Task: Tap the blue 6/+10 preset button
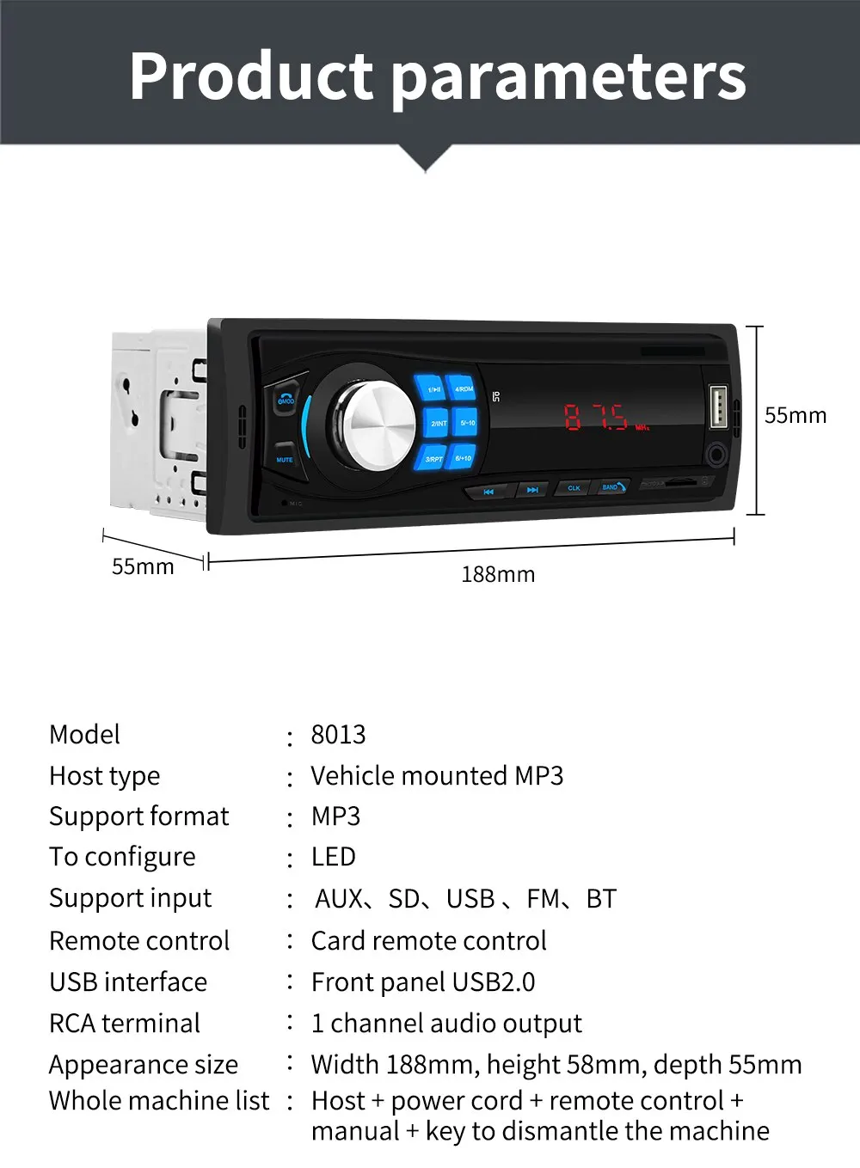463,457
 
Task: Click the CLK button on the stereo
574,487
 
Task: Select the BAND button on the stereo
611,486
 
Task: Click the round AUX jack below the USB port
716,453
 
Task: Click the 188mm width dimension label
498,574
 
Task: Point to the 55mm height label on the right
795,415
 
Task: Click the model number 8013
338,734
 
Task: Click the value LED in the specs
334,857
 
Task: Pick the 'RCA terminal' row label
125,1023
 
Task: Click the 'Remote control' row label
139,940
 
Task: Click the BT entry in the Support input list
601,899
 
